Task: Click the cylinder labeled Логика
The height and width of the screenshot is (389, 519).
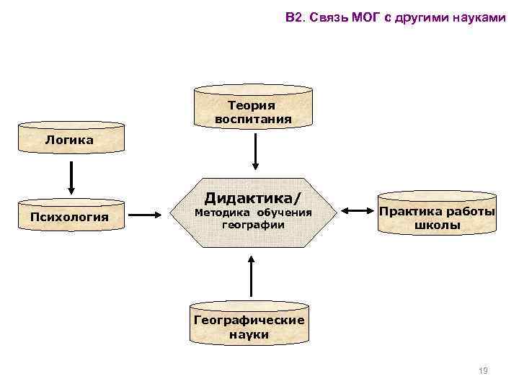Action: pyautogui.click(x=69, y=140)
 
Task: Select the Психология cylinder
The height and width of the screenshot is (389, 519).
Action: pyautogui.click(x=69, y=215)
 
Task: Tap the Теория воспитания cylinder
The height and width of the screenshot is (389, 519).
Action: pyautogui.click(x=254, y=112)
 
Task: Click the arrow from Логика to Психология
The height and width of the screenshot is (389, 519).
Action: pyautogui.click(x=71, y=176)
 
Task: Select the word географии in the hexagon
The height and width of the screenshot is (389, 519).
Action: pyautogui.click(x=253, y=224)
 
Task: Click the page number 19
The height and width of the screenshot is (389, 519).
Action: pyautogui.click(x=483, y=371)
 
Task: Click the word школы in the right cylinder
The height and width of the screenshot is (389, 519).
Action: pyautogui.click(x=438, y=225)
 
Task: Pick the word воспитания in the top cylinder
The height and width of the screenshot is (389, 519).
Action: pyautogui.click(x=254, y=119)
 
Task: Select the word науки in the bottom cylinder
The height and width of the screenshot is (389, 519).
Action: pyautogui.click(x=249, y=334)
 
